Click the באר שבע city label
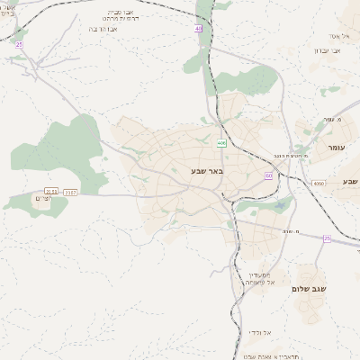pyautogui.click(x=206, y=169)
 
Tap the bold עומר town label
pyautogui.click(x=337, y=146)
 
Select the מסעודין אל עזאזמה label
pyautogui.click(x=260, y=279)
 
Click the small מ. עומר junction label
pyautogui.click(x=333, y=119)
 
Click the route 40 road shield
pyautogui.click(x=198, y=29)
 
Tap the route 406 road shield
pyautogui.click(x=221, y=142)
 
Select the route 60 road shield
pyautogui.click(x=268, y=176)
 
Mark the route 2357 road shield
pyautogui.click(x=71, y=191)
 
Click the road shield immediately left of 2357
pyautogui.click(x=52, y=191)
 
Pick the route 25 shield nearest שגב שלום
pyautogui.click(x=326, y=238)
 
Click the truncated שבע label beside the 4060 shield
pyautogui.click(x=349, y=182)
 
